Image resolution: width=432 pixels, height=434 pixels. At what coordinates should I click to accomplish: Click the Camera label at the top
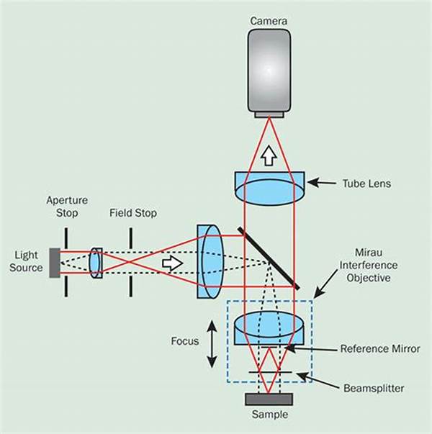269,21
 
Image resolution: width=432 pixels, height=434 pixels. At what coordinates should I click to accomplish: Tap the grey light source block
55,262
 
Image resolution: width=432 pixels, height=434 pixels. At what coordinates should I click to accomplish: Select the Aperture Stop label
66,206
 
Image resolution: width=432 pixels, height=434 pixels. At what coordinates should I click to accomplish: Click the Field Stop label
133,213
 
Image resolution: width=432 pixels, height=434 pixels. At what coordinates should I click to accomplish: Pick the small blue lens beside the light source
96,262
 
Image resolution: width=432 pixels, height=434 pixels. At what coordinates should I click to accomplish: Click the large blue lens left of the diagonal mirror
211,262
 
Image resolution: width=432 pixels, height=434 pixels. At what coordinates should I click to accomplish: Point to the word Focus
185,342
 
